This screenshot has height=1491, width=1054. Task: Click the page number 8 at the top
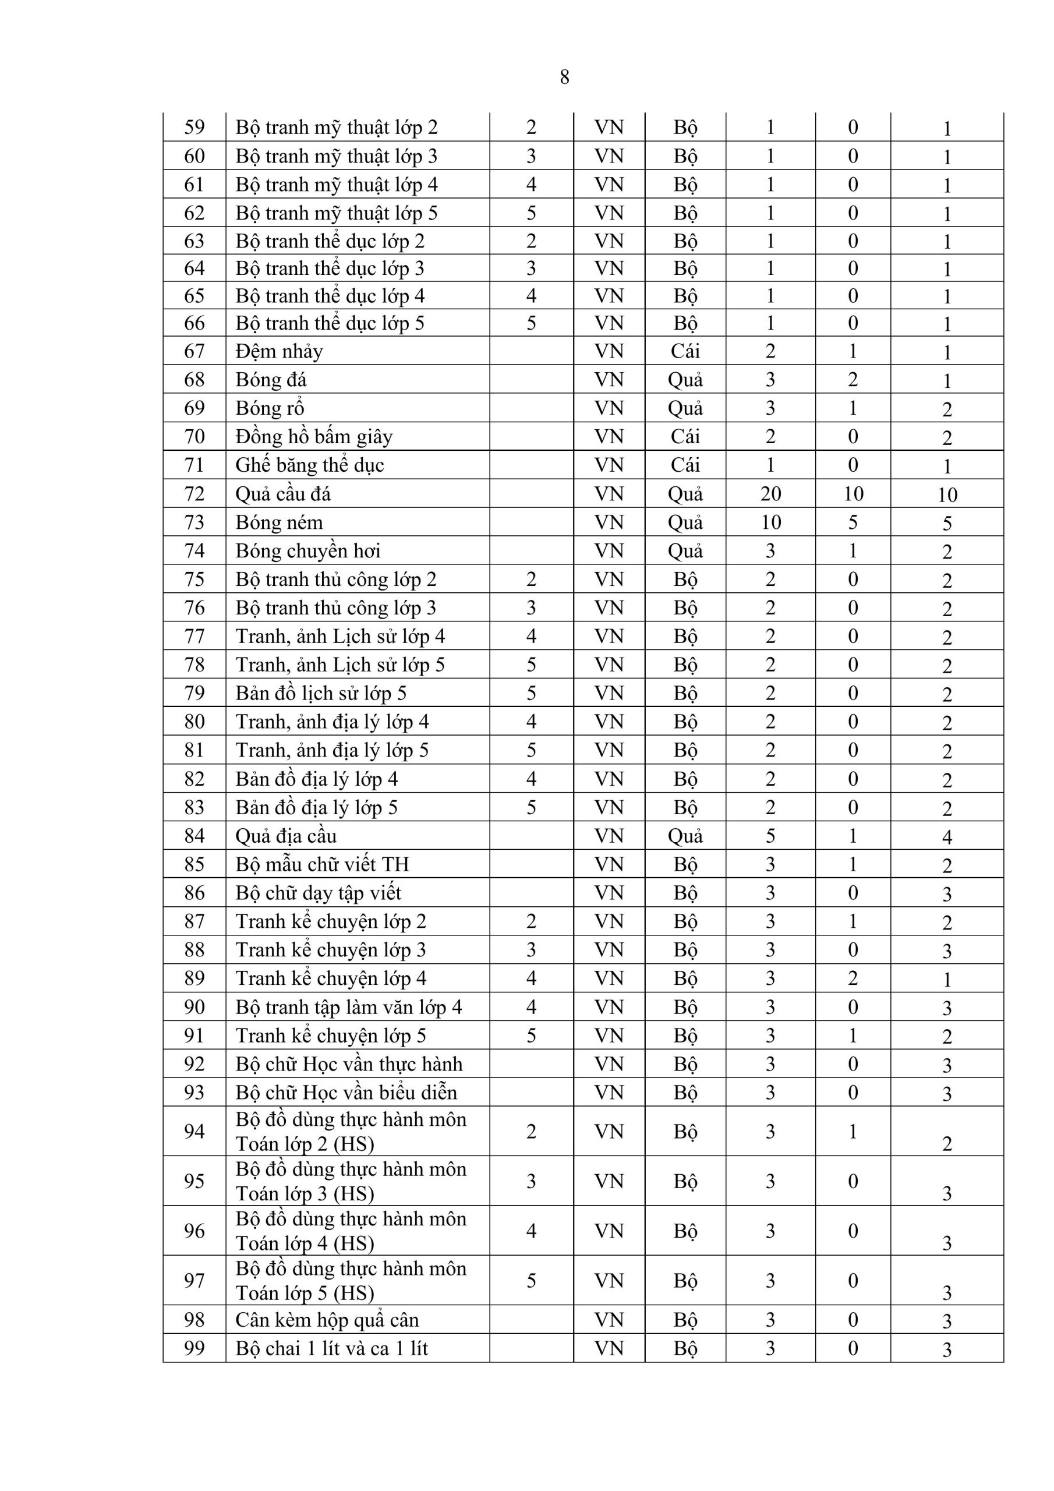point(564,77)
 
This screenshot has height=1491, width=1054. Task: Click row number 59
point(194,128)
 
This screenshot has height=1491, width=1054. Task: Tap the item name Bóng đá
point(271,380)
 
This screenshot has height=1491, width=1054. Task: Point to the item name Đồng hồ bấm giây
point(314,436)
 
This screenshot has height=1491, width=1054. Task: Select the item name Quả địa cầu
point(286,836)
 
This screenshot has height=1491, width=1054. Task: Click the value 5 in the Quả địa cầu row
point(770,836)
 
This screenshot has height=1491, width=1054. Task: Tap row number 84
point(194,836)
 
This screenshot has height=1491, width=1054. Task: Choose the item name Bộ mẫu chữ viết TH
point(322,864)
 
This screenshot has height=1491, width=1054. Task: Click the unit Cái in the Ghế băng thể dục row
point(685,465)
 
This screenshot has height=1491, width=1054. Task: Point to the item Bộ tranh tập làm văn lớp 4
point(349,1007)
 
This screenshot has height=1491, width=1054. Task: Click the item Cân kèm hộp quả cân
point(327,1320)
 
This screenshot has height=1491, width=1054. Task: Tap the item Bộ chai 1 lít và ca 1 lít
point(332,1349)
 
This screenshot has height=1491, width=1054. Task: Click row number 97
point(194,1281)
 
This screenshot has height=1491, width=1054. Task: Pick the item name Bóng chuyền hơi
point(308,551)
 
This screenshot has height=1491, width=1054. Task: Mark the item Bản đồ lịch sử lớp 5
point(321,694)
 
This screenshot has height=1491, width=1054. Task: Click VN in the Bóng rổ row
point(609,408)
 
